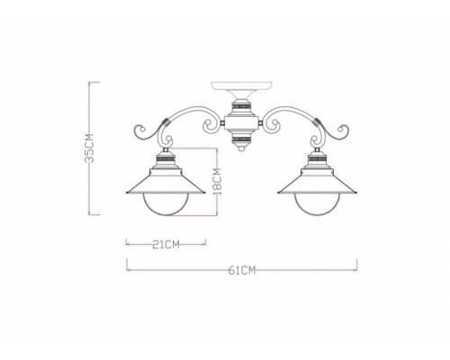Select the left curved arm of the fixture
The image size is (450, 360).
point(193,114)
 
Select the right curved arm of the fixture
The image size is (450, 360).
point(288,114)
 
